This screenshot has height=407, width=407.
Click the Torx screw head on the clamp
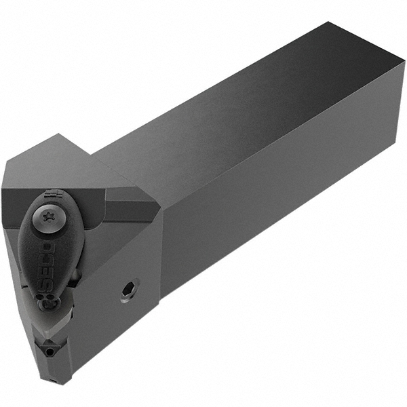coord(48,216)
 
